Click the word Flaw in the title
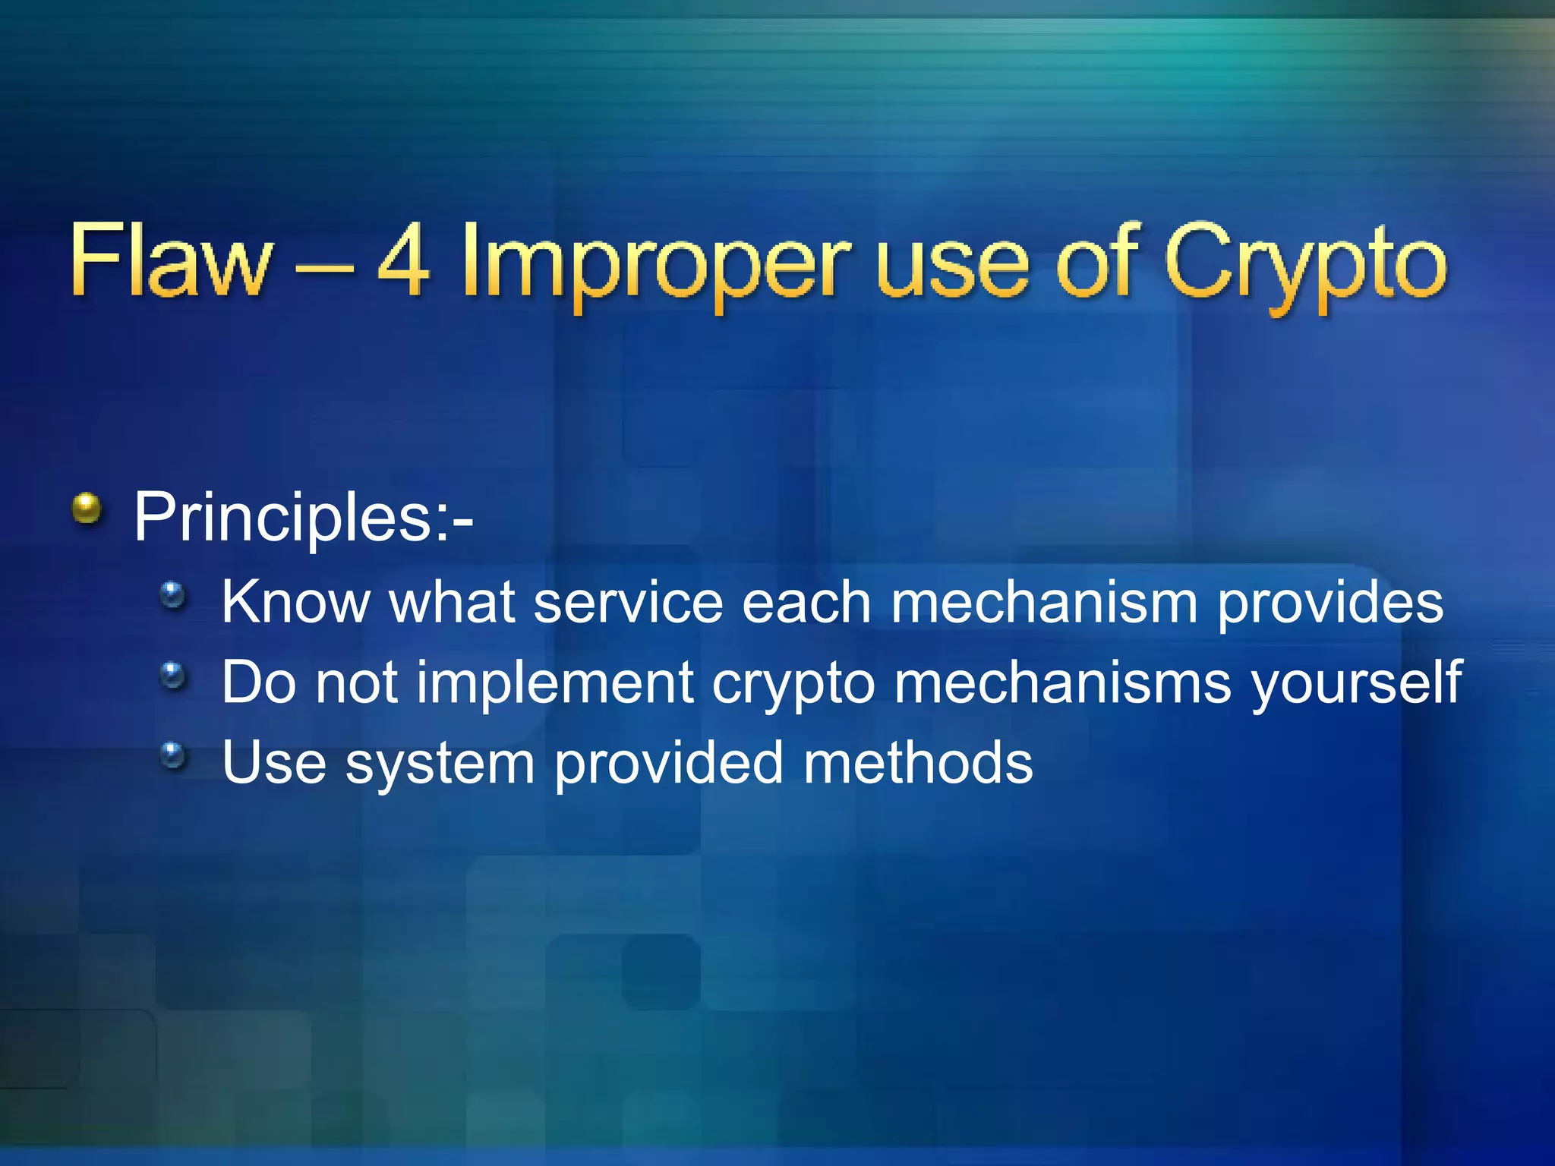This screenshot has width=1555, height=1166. coord(171,260)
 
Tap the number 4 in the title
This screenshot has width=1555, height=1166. coord(405,260)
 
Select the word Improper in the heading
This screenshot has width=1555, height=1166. coord(655,266)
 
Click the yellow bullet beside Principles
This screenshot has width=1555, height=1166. coord(87,508)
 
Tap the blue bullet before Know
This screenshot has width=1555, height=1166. coord(173,594)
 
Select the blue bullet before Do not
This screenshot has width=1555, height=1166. coord(173,674)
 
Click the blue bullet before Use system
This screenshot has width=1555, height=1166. coord(173,755)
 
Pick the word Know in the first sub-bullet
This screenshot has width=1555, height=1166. coord(295,602)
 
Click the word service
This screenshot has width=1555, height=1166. coord(628,602)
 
